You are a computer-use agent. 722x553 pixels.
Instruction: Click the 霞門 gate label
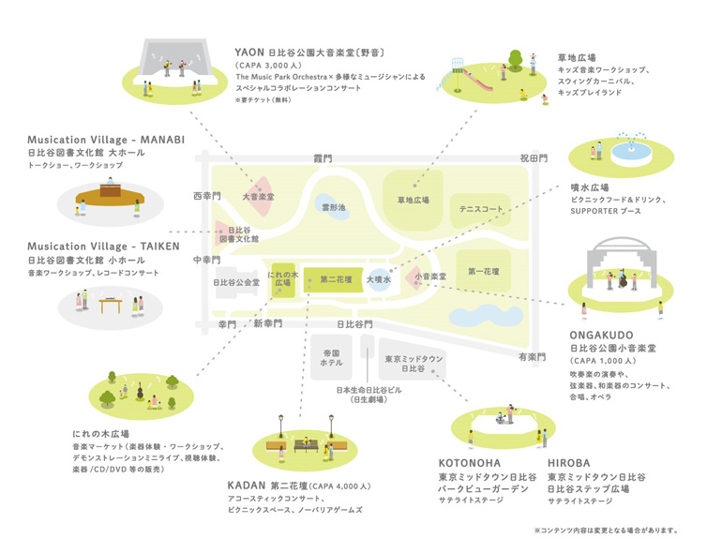click(x=323, y=159)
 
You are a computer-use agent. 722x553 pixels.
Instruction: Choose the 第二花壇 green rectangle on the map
click(x=335, y=278)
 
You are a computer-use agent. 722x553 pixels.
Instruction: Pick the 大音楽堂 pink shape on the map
click(x=258, y=197)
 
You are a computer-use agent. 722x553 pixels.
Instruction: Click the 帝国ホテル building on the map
click(x=331, y=357)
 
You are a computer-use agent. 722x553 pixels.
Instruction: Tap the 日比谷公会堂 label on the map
click(x=236, y=281)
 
